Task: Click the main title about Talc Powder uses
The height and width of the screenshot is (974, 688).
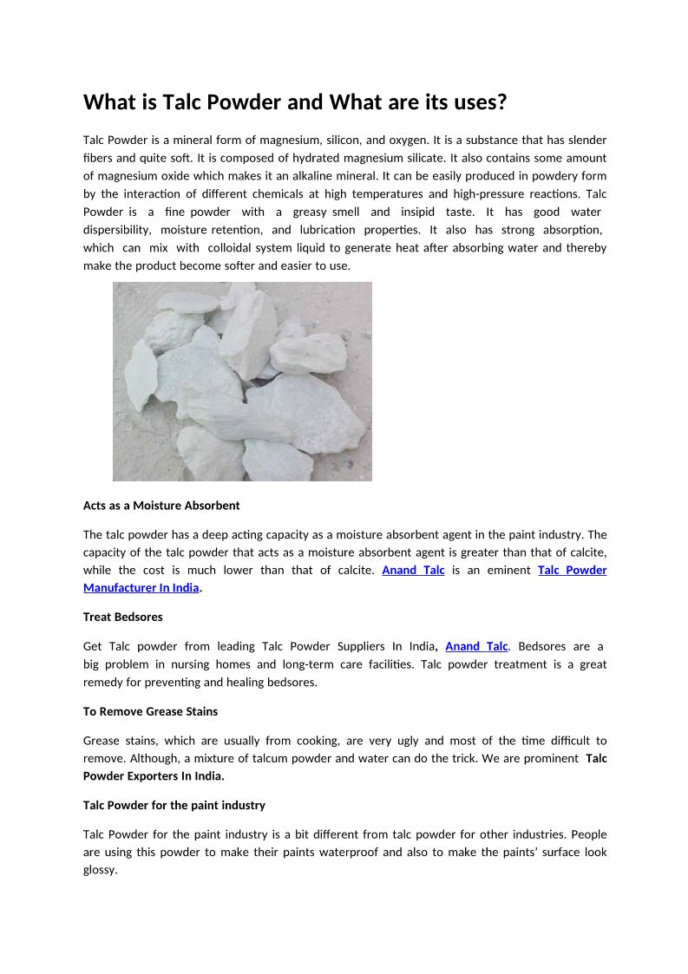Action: (x=294, y=102)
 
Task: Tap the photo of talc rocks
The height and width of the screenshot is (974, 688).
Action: (x=242, y=381)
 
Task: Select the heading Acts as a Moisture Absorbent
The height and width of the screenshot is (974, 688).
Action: (x=161, y=505)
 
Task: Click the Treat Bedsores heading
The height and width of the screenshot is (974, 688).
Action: (x=122, y=617)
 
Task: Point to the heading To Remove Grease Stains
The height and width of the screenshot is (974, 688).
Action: (x=150, y=711)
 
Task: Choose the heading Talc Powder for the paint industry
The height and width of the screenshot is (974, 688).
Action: (x=174, y=805)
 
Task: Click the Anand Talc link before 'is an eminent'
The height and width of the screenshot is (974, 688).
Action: (x=413, y=570)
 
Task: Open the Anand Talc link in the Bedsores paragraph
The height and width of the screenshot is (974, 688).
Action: (x=476, y=646)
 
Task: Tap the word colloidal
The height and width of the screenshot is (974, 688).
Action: (x=237, y=248)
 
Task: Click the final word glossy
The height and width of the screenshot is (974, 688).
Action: (x=99, y=870)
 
